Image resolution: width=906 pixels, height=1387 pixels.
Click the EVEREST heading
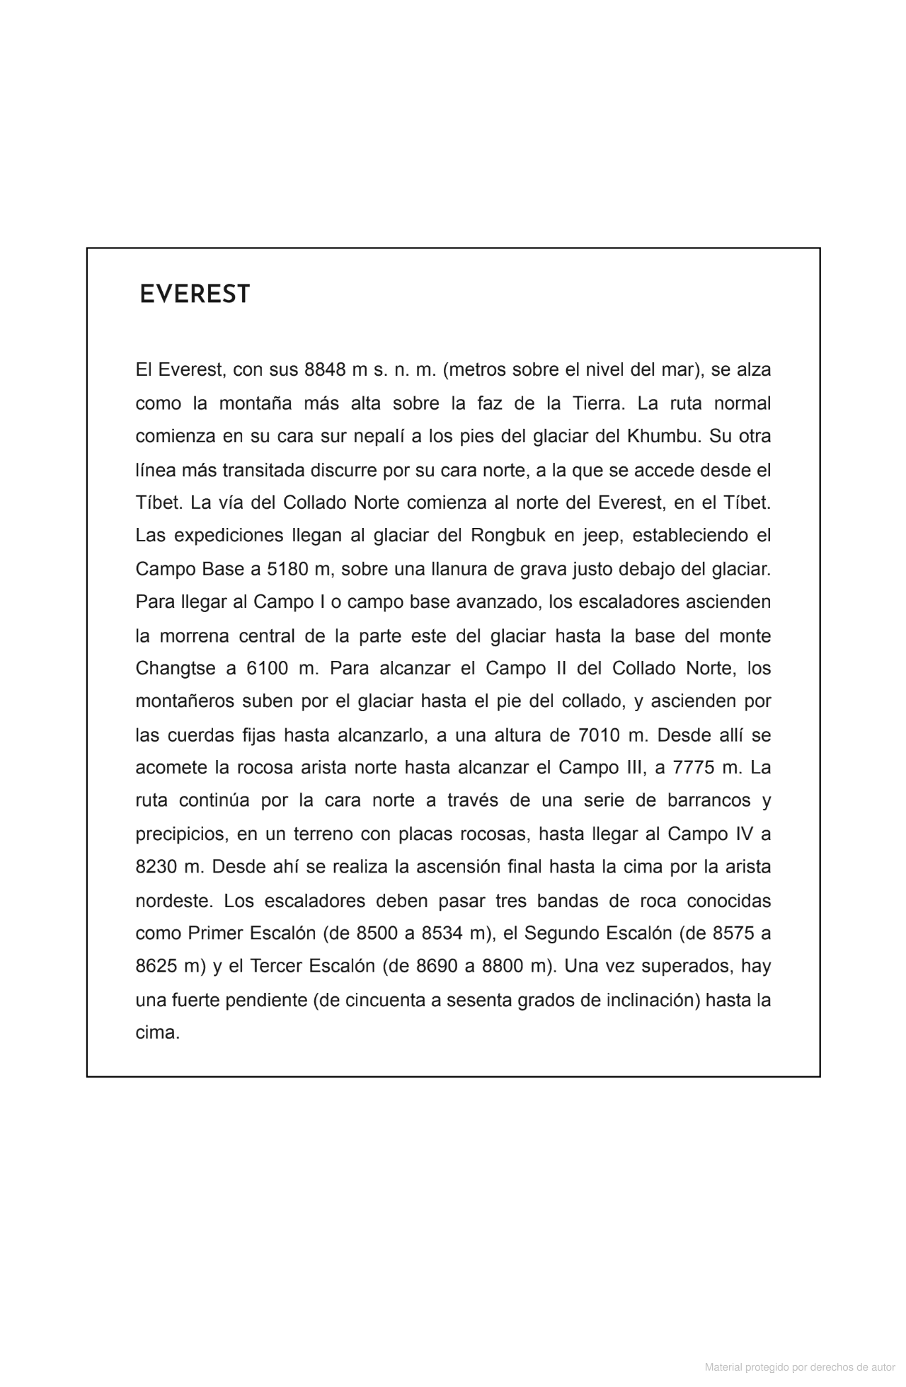point(195,294)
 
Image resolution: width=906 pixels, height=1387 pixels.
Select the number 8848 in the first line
point(325,369)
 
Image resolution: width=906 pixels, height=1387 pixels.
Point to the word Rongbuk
point(508,535)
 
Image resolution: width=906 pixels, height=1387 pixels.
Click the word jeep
point(601,535)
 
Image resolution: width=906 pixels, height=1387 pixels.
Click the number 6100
point(268,669)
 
